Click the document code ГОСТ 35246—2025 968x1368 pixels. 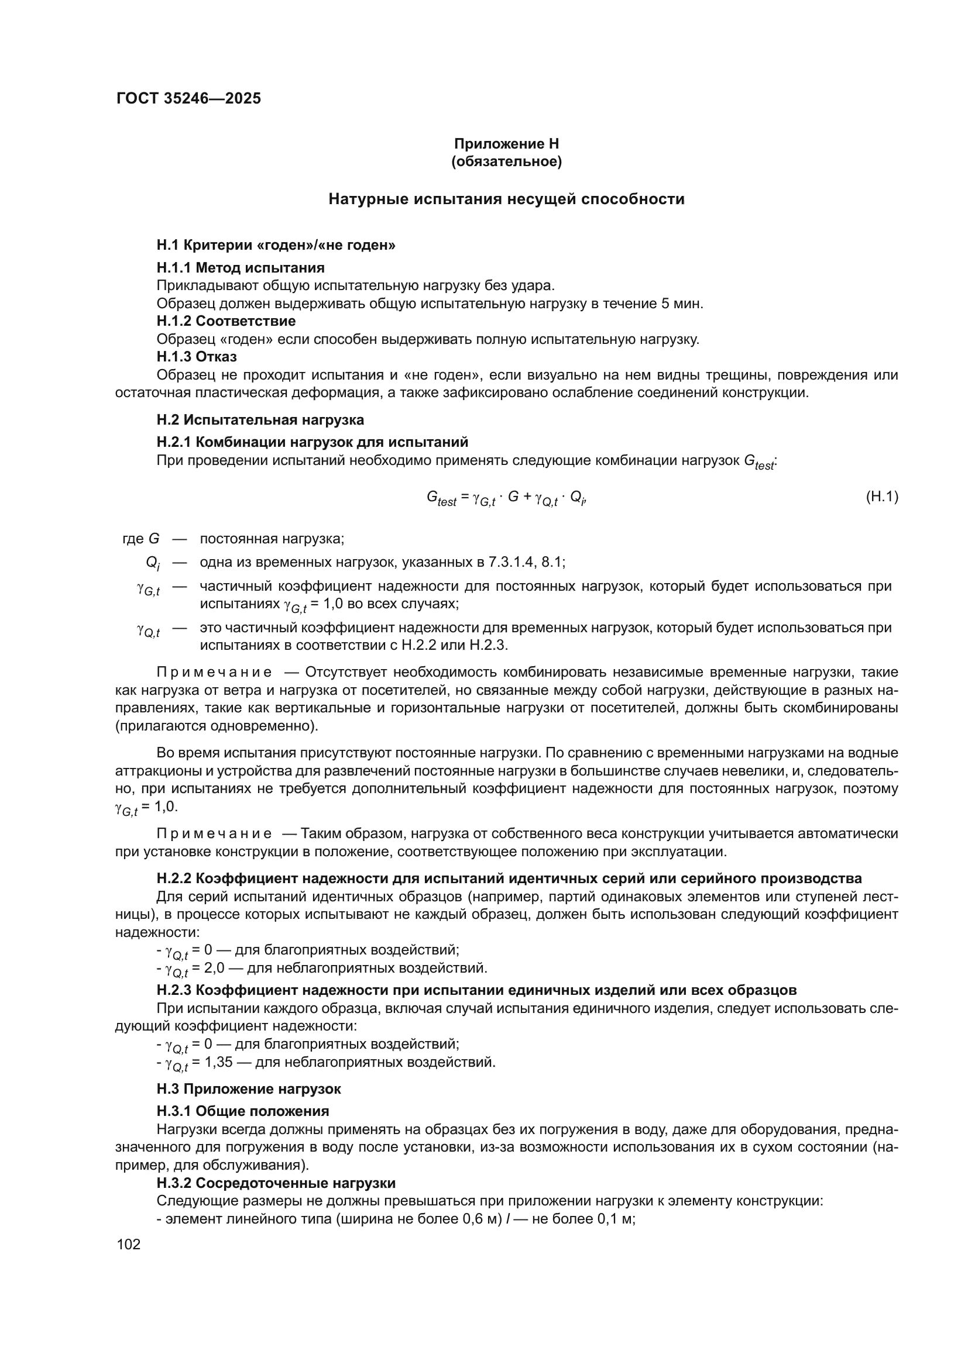pyautogui.click(x=188, y=98)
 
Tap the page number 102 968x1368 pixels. pyautogui.click(x=129, y=1244)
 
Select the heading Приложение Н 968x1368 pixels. pyautogui.click(x=506, y=144)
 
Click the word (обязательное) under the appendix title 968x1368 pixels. pyautogui.click(x=506, y=161)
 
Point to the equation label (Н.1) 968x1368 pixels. pyautogui.click(x=881, y=497)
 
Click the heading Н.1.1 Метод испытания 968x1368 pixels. pyautogui.click(x=240, y=267)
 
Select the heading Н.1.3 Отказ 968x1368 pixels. pyautogui.click(x=196, y=357)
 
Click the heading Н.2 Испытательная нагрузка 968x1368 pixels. pyautogui.click(x=260, y=419)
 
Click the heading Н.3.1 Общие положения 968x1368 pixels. pyautogui.click(x=243, y=1111)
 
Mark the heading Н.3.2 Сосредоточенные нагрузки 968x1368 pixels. pyautogui.click(x=276, y=1183)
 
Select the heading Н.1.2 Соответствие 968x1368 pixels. pyautogui.click(x=226, y=321)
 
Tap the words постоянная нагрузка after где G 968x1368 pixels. pyautogui.click(x=272, y=539)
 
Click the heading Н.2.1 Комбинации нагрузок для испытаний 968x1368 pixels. pyautogui.click(x=313, y=442)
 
